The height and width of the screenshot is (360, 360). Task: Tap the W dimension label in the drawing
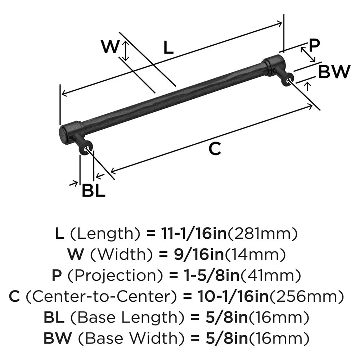tap(110, 47)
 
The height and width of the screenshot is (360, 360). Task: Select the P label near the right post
tap(314, 45)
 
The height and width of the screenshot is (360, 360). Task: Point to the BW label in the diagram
tap(334, 73)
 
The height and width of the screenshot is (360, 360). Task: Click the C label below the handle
tap(215, 149)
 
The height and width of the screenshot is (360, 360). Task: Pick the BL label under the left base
tap(94, 191)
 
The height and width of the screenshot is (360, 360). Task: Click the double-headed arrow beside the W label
tap(125, 50)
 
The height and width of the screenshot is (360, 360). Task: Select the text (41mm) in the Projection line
tap(270, 276)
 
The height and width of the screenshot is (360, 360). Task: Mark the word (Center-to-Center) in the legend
tap(102, 297)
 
